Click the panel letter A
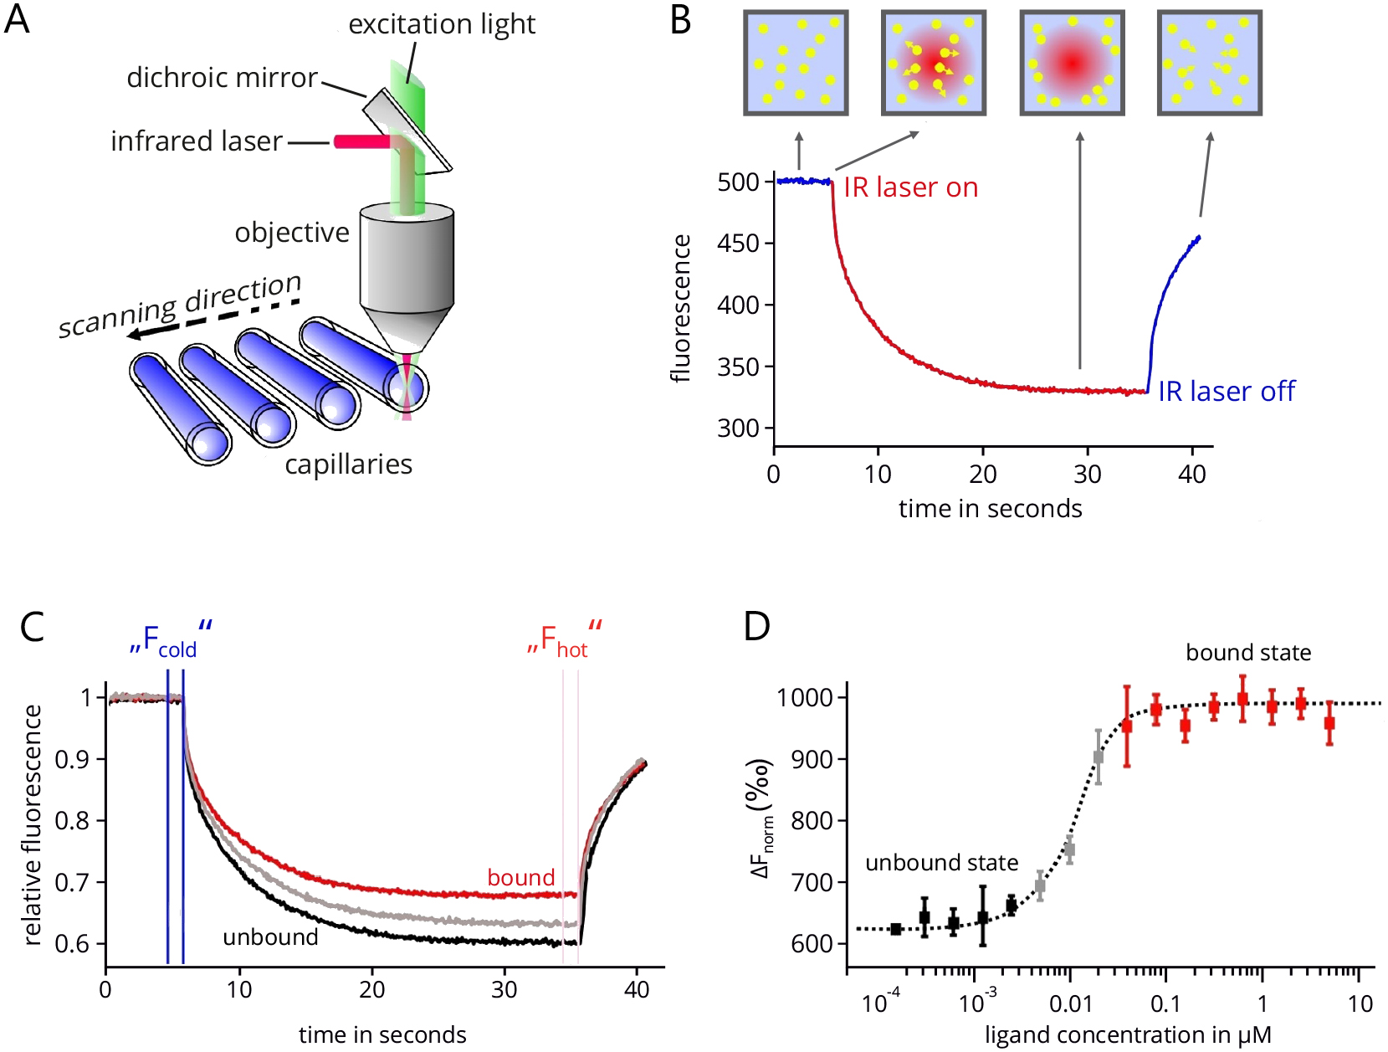pos(17,19)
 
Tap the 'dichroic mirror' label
pos(222,78)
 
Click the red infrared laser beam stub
pos(361,141)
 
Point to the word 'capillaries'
pos(348,465)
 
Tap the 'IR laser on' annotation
pos(911,187)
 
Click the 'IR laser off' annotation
pos(1227,392)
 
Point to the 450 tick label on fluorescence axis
pos(738,244)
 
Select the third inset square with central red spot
pos(1073,63)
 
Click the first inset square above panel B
pos(796,63)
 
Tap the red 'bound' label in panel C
pos(521,877)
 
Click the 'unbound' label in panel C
pos(270,937)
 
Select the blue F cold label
pos(171,639)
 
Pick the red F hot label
pos(564,639)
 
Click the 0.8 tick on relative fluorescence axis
pos(71,821)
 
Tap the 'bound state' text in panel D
pos(1248,652)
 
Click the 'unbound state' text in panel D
pos(941,862)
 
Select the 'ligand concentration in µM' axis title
pos(1128,1034)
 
